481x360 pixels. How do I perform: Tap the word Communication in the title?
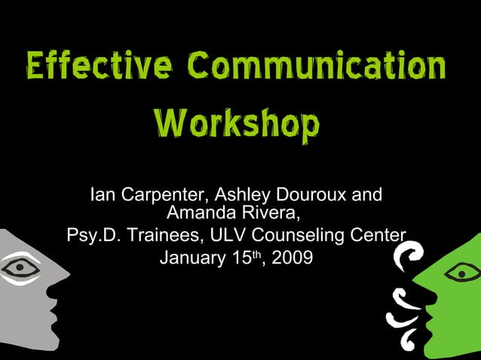[x=317, y=67]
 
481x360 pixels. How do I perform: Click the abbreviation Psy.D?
[x=93, y=236]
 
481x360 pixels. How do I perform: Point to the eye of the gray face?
[x=20, y=268]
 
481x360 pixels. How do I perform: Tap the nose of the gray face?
[x=62, y=282]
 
